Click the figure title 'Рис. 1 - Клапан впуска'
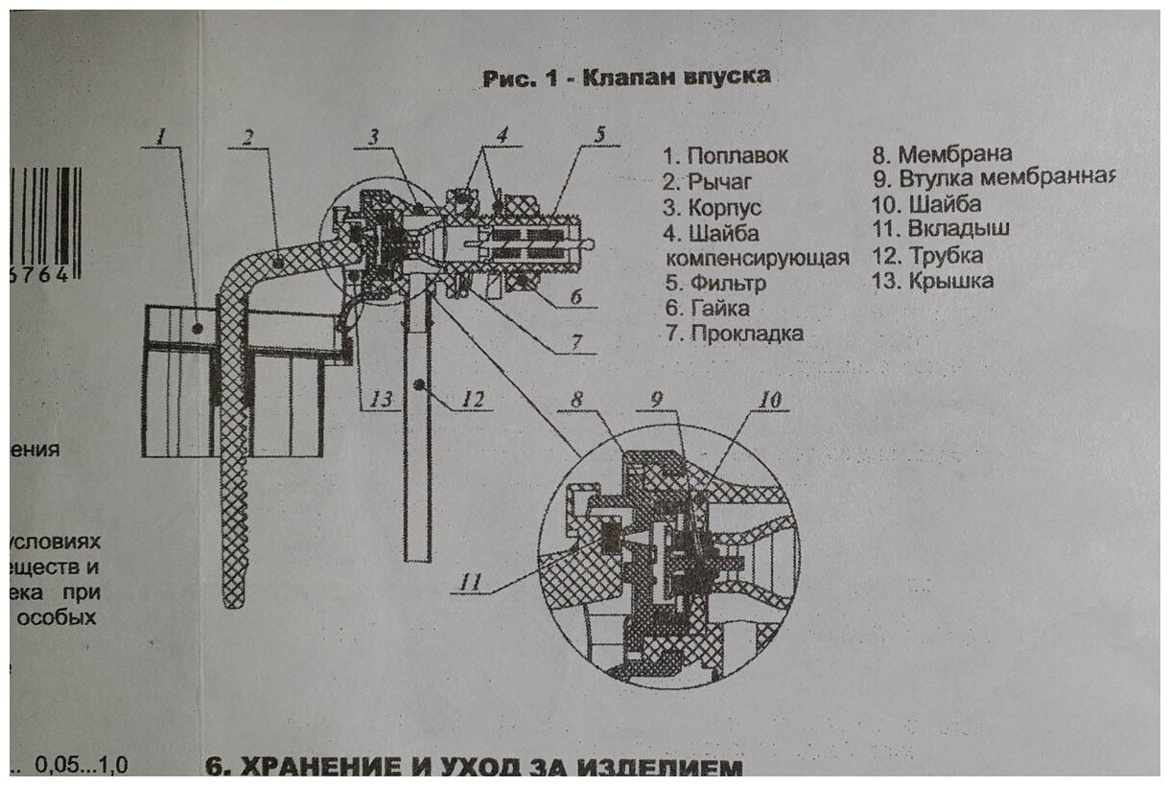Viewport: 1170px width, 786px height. point(626,78)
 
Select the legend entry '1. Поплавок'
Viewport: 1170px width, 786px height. point(725,156)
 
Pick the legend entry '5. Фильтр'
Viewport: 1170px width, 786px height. point(714,284)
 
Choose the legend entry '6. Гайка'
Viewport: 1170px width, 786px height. point(707,309)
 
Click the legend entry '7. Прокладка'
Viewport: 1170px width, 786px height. point(733,334)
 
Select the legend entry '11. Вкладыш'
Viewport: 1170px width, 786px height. point(940,230)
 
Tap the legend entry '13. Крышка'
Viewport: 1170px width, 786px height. point(932,281)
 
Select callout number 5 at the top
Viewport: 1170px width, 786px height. point(598,134)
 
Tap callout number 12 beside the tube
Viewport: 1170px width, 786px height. point(471,399)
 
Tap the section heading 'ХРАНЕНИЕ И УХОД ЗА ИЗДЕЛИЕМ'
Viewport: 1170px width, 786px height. point(474,769)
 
